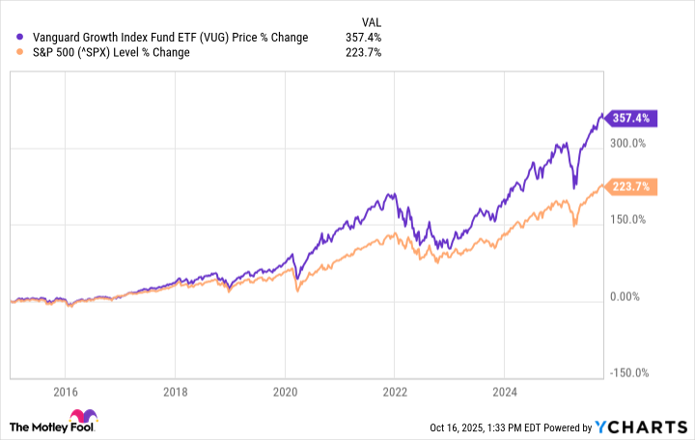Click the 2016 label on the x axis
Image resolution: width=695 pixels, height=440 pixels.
pyautogui.click(x=64, y=393)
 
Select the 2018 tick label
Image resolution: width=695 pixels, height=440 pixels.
pyautogui.click(x=174, y=393)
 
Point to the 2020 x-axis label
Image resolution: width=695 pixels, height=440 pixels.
pyautogui.click(x=284, y=393)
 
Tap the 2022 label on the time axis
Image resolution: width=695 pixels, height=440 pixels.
pyautogui.click(x=394, y=393)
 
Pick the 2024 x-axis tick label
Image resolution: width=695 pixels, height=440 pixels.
pyautogui.click(x=504, y=393)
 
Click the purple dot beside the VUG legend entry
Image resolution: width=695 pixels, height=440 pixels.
pyautogui.click(x=21, y=38)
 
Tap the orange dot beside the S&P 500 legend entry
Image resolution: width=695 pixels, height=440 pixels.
pyautogui.click(x=21, y=53)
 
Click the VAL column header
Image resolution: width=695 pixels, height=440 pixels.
pyautogui.click(x=370, y=19)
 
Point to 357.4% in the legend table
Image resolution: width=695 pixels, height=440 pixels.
pyautogui.click(x=364, y=38)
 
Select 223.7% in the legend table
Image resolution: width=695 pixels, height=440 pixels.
pyautogui.click(x=364, y=53)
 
